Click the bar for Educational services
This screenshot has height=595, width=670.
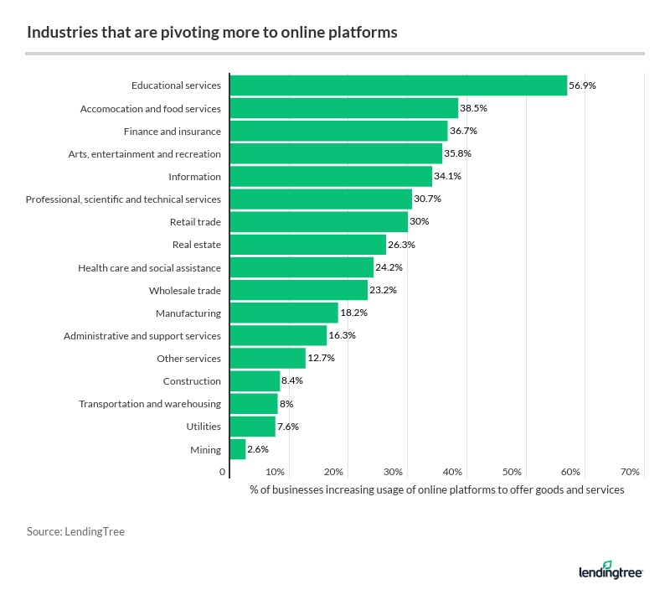pos(399,85)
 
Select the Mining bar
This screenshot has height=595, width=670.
pos(238,449)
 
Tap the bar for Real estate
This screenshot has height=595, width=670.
pos(308,245)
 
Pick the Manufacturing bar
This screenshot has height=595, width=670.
pos(284,313)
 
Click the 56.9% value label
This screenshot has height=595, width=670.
pos(583,85)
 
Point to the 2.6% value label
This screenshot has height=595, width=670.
pos(258,449)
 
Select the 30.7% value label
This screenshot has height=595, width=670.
pos(427,199)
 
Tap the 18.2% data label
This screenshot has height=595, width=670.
pos(353,313)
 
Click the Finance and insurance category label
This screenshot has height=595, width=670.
pos(173,132)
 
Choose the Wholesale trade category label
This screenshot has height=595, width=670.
pos(185,290)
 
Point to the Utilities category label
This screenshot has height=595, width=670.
pos(204,427)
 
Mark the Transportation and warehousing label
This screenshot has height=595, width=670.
pos(150,404)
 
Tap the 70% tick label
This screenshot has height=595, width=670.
pos(631,472)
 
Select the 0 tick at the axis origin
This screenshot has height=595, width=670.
pos(223,472)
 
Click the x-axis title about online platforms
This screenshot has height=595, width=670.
pos(436,489)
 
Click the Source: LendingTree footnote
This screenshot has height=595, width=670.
pos(75,531)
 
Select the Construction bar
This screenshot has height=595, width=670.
pos(255,381)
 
